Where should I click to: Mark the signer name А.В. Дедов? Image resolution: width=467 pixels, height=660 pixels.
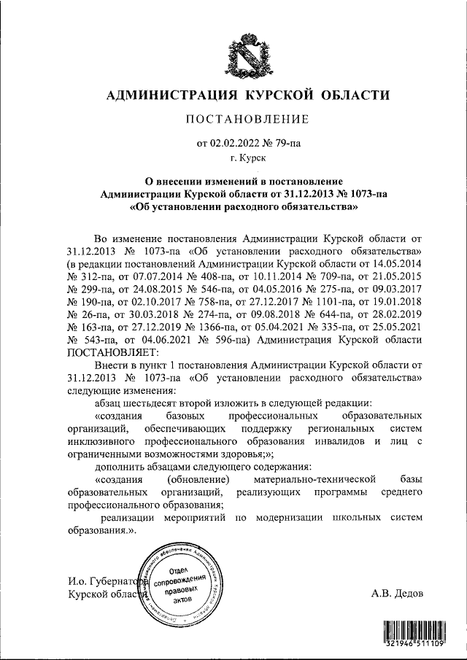[397, 594]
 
